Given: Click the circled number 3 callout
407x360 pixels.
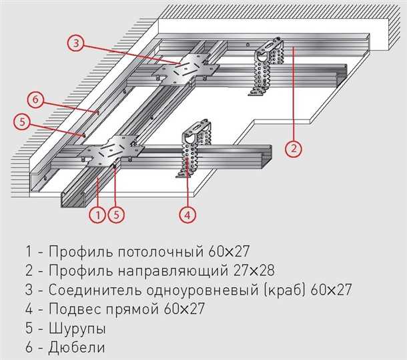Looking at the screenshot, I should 77,43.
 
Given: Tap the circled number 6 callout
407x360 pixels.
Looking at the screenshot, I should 37,100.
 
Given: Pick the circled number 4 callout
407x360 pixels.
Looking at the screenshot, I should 189,214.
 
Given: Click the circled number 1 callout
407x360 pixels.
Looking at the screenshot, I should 97,214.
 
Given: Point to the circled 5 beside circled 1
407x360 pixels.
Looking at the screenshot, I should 117,214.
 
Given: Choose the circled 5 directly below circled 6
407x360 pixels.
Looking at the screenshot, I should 23,122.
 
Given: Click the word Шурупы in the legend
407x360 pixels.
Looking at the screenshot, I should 76,329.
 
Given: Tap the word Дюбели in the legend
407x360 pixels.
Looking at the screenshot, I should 76,348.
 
